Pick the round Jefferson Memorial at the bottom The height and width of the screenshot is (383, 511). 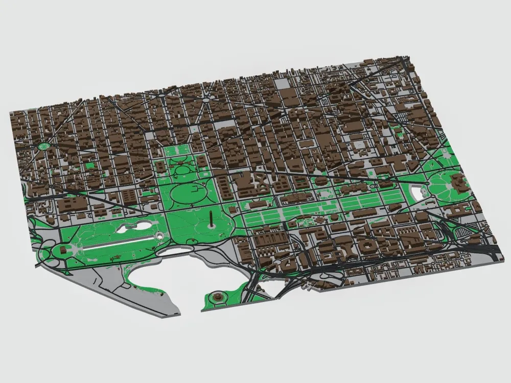pyautogui.click(x=218, y=296)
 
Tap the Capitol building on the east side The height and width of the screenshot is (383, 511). pyautogui.click(x=456, y=181)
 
